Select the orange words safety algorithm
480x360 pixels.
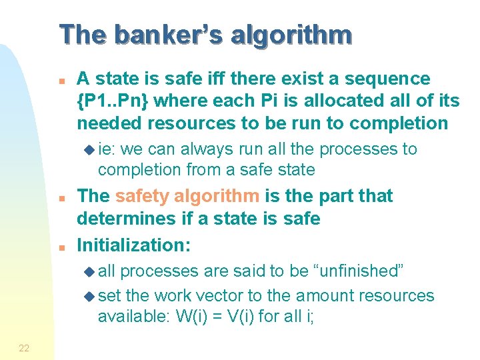[x=187, y=196]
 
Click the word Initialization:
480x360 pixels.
[x=134, y=245]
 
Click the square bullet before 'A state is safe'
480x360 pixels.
[x=61, y=80]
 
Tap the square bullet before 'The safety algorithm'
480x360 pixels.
[x=61, y=198]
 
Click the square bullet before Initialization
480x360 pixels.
[x=61, y=247]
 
